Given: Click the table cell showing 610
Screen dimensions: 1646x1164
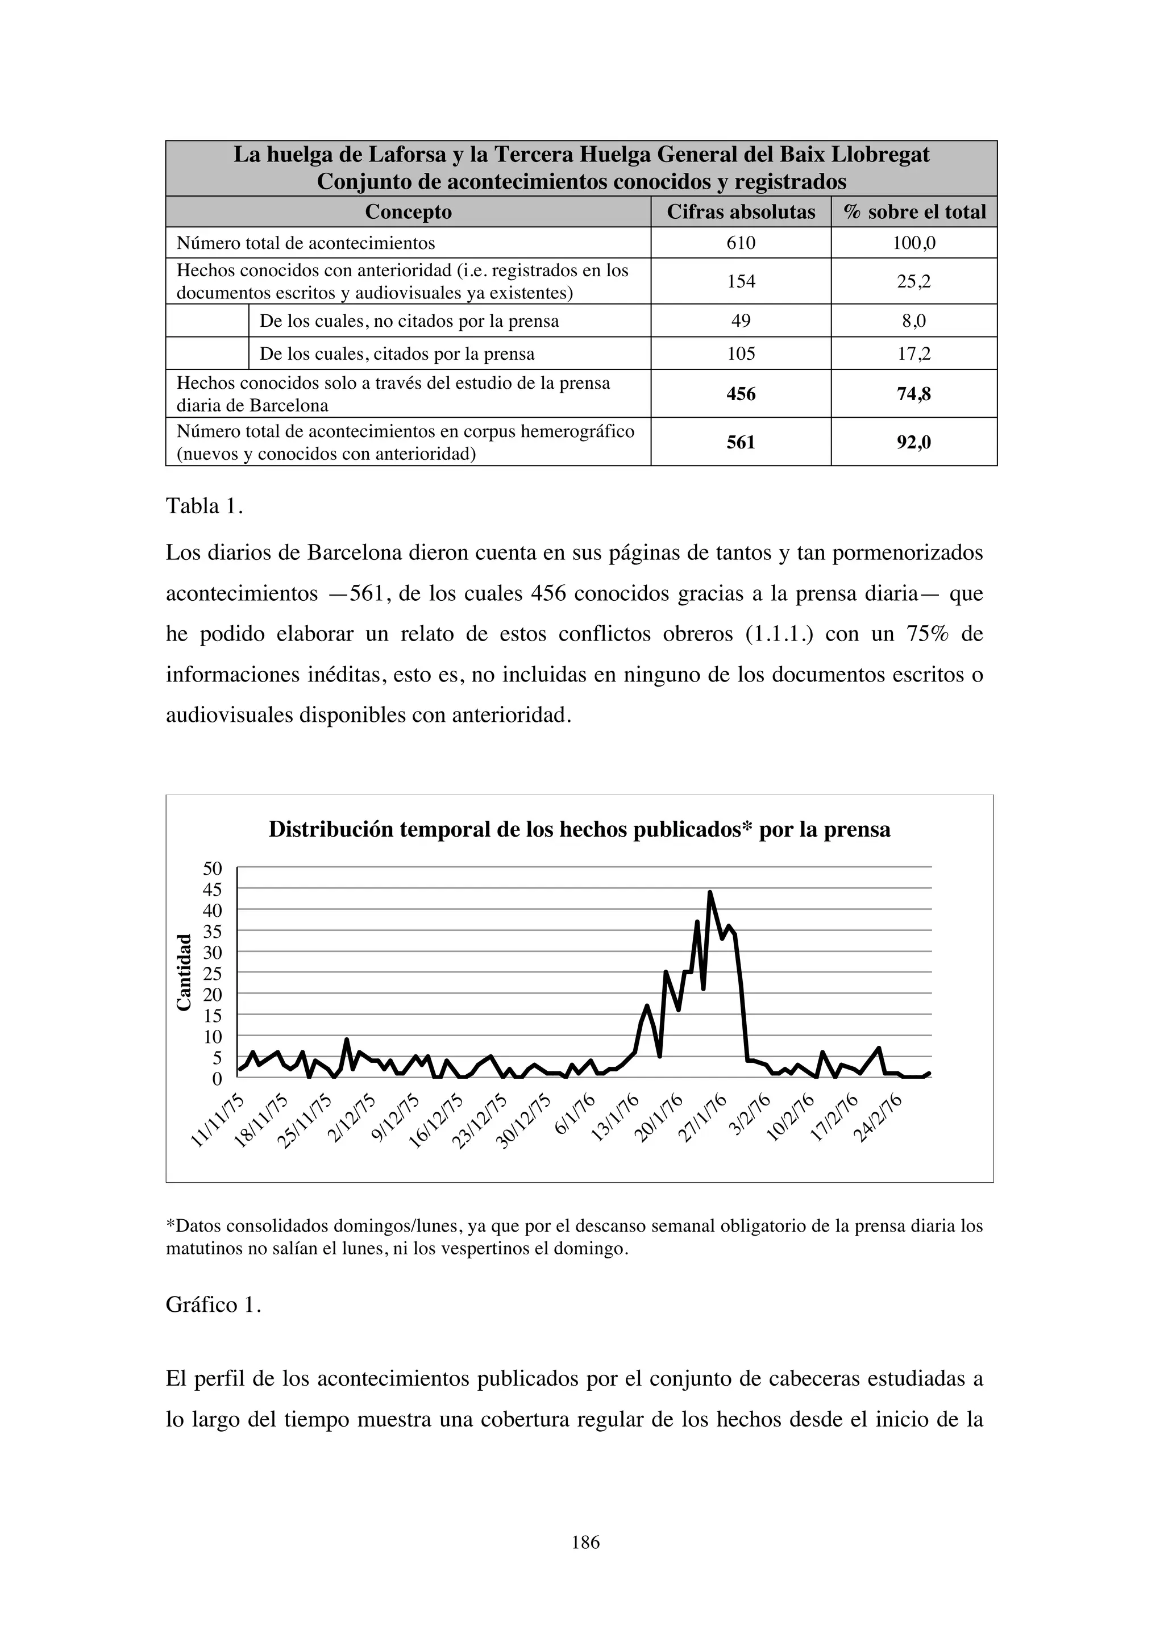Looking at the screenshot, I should (741, 243).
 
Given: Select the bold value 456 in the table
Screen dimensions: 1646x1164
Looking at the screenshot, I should (741, 393).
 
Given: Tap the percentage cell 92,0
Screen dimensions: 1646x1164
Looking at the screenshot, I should (914, 442).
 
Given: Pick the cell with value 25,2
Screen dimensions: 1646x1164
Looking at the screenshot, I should (914, 281).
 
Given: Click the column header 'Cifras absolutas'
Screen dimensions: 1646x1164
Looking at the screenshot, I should (741, 212).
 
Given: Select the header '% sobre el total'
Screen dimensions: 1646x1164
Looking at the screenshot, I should (914, 212).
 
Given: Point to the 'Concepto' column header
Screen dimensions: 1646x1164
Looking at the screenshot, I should (408, 212).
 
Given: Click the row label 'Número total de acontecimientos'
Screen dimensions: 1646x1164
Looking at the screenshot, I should (305, 243).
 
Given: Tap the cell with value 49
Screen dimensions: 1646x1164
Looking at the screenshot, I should (741, 321).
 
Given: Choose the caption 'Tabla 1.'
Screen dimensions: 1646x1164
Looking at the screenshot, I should (204, 506).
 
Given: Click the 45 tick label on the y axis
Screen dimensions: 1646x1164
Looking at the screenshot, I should (213, 889).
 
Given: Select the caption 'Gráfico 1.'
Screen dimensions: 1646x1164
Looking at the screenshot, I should (213, 1305).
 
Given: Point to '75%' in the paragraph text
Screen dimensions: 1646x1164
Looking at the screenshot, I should (928, 634).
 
